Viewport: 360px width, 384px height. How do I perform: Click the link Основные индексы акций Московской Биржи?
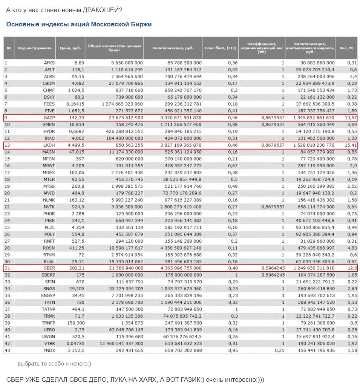click(x=79, y=24)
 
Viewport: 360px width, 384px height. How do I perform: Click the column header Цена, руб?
click(x=70, y=48)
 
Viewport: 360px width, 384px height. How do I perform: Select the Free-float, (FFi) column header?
click(x=221, y=48)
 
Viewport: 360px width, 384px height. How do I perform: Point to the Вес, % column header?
click(x=346, y=48)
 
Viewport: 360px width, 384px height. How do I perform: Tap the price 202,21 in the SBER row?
click(x=77, y=268)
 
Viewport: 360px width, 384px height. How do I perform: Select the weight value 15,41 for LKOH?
click(x=351, y=145)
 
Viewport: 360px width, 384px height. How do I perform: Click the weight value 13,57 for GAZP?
click(x=351, y=118)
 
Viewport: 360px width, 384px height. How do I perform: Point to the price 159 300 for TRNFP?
click(x=76, y=323)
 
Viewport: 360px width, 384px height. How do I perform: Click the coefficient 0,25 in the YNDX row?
click(x=280, y=350)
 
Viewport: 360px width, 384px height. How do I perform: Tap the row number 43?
click(x=7, y=350)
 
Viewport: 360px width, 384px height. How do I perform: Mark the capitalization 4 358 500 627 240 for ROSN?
click(x=181, y=248)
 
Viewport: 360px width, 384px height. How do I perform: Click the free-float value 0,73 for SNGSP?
click(x=233, y=295)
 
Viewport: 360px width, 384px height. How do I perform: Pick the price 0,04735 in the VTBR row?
click(x=75, y=344)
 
